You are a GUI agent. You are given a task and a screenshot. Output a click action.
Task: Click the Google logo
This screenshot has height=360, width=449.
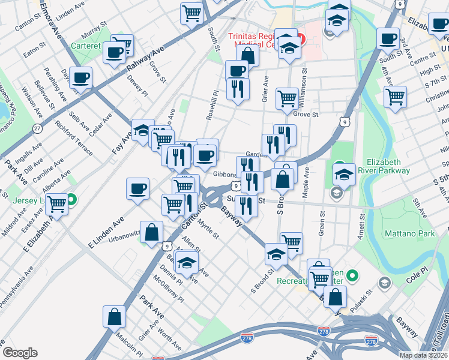(x=20, y=353)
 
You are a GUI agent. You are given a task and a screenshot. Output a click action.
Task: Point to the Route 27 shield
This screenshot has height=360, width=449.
(x=38, y=128)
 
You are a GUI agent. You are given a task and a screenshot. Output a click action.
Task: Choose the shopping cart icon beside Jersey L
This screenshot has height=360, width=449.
(x=57, y=205)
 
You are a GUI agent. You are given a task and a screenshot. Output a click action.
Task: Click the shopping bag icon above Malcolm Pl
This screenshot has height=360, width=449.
(x=114, y=317)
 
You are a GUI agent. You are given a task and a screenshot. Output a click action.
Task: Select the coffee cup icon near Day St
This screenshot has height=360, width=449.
(x=80, y=78)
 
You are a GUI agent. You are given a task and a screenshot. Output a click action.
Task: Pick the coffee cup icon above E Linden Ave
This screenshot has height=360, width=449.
(x=138, y=190)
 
